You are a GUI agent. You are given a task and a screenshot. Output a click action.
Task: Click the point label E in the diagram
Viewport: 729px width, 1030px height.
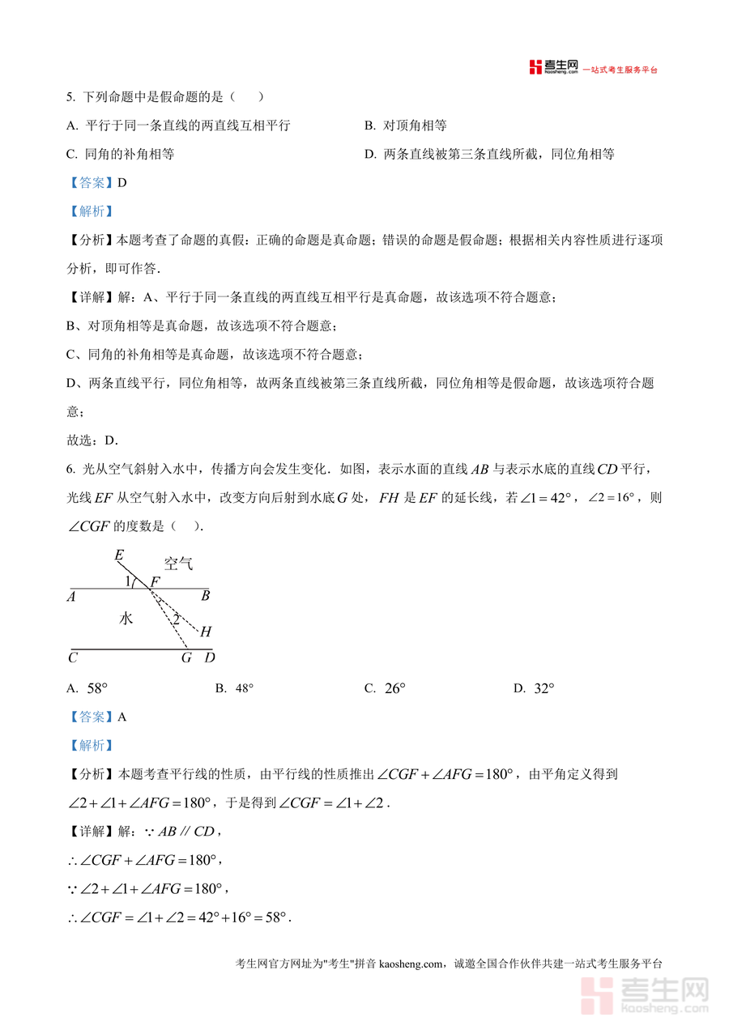119,555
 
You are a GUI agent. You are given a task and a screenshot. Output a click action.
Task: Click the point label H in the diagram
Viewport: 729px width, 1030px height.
206,632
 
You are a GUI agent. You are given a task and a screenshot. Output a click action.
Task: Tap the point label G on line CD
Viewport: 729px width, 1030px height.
186,658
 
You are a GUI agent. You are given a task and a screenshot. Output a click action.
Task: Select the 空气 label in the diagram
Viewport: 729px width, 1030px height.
178,564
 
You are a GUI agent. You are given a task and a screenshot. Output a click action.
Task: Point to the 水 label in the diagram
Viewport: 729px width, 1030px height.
126,619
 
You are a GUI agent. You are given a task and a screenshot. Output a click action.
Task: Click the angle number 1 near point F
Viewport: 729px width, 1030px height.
128,581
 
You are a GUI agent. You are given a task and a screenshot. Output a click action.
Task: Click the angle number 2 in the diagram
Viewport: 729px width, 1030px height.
175,619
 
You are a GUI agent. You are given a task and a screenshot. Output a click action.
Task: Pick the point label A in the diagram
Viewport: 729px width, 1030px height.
72,597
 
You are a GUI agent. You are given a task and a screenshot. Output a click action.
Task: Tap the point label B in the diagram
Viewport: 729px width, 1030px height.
206,597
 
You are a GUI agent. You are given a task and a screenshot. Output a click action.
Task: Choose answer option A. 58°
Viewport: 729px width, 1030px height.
87,688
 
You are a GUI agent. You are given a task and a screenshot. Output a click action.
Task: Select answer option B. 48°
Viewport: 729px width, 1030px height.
234,688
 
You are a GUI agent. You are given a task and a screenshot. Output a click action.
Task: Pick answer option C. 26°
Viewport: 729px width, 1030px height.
385,688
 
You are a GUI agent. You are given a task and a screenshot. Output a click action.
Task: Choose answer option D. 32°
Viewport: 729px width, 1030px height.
534,688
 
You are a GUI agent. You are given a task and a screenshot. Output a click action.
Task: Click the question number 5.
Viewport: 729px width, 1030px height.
70,97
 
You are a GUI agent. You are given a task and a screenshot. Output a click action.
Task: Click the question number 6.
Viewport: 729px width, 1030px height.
70,469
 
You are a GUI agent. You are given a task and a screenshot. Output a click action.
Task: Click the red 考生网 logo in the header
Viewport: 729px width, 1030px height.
554,67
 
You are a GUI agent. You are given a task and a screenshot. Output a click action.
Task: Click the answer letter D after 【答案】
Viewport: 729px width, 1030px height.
122,182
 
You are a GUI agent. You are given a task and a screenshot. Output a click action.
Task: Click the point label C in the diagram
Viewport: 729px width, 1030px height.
73,658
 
